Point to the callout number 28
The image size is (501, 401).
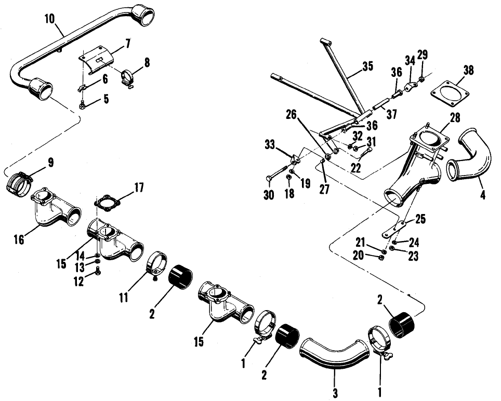click(455, 118)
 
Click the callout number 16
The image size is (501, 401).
click(19, 239)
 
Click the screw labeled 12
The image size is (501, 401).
click(98, 270)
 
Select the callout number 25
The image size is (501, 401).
click(420, 219)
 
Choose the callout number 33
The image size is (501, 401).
click(270, 145)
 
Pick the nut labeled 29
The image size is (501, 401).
click(422, 78)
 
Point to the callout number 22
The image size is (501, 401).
click(356, 168)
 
